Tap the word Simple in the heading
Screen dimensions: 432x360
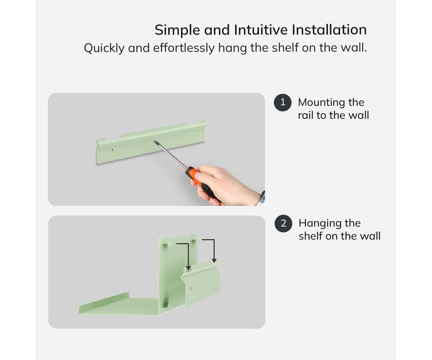click(x=177, y=30)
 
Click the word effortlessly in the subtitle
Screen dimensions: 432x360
click(x=184, y=48)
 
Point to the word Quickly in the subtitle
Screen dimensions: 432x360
click(x=104, y=48)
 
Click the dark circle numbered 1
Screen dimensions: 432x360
click(x=282, y=103)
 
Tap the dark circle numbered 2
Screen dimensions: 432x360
click(x=283, y=223)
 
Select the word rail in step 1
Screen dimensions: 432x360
click(x=306, y=115)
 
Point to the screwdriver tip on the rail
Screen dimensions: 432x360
click(x=155, y=141)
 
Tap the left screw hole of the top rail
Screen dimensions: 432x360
click(x=112, y=150)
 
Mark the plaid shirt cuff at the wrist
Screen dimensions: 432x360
click(x=261, y=198)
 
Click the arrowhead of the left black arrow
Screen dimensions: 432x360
click(x=188, y=268)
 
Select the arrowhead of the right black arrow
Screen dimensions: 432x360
click(x=214, y=261)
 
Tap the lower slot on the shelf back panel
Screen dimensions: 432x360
click(x=165, y=302)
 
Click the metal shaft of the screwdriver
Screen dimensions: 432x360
click(x=171, y=154)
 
